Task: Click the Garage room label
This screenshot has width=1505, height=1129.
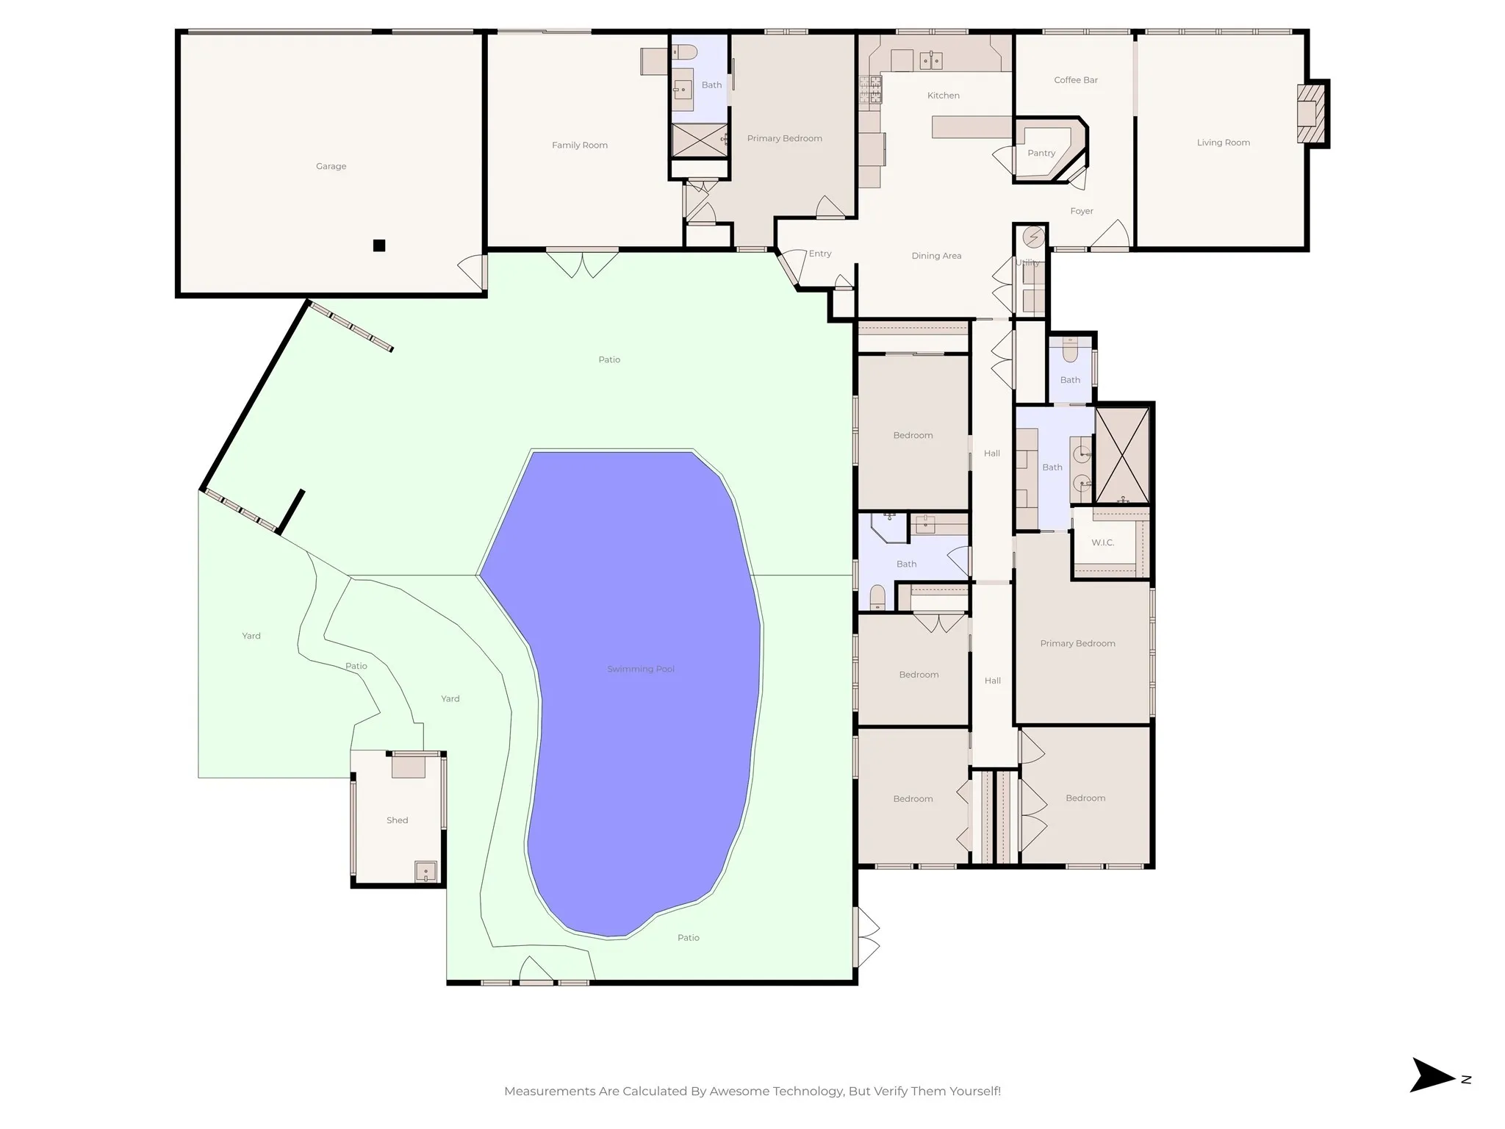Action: point(331,166)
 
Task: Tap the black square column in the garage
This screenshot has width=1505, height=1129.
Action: point(379,245)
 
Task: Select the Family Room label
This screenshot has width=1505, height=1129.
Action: point(580,146)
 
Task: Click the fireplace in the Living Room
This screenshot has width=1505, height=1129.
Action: point(1310,113)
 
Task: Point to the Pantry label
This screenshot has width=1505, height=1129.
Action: point(1041,154)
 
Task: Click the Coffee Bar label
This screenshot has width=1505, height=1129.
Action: point(1076,80)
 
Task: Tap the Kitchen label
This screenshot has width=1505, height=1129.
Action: point(944,96)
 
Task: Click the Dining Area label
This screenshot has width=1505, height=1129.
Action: point(936,256)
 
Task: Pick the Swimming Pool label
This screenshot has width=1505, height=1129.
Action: point(641,669)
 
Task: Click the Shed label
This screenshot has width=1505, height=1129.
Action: point(397,820)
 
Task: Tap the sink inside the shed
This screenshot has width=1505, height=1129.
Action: point(425,872)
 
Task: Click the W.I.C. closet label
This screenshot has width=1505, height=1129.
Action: point(1103,542)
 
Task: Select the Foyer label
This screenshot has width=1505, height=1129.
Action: point(1082,212)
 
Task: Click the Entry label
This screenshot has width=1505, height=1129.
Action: point(820,254)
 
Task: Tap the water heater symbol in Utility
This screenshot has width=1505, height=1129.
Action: point(1034,237)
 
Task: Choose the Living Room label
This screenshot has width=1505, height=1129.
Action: point(1223,143)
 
